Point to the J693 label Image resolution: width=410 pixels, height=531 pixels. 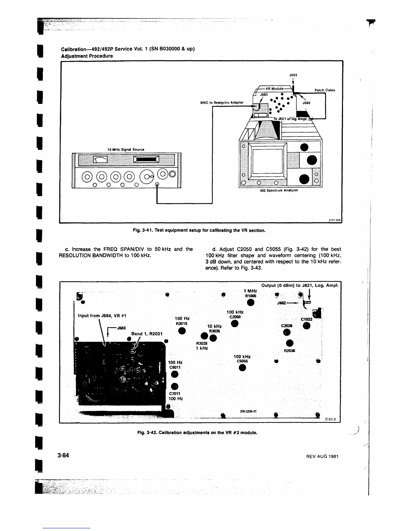(293, 75)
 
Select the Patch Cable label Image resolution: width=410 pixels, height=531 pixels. (325, 90)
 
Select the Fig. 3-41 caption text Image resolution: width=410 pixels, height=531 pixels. (199, 230)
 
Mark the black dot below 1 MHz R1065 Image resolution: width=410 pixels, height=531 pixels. (251, 303)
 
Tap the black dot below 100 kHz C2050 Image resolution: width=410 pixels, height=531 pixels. (235, 324)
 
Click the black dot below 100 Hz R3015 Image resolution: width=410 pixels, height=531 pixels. (182, 331)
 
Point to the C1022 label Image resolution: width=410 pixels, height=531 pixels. (306, 319)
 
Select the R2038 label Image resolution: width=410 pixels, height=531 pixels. (289, 351)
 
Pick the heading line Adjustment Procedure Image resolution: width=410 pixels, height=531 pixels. (87, 56)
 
